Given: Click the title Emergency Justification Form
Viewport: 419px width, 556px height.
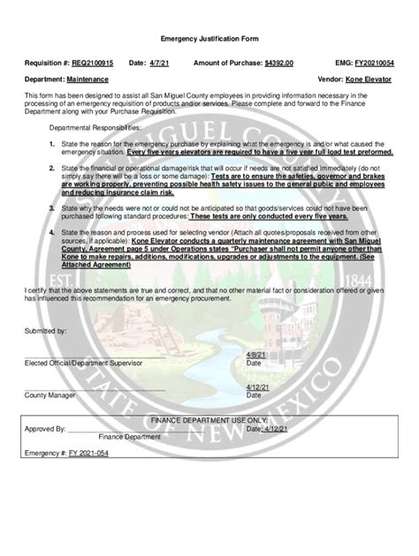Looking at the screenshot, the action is (209, 40).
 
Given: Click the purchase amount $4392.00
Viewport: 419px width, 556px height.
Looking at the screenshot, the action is (278, 64).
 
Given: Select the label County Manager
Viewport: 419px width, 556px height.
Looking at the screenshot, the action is (50, 395).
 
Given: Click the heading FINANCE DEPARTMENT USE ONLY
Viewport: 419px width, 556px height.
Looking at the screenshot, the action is (209, 420).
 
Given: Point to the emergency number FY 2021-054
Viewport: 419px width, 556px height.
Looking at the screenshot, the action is (84, 452).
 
